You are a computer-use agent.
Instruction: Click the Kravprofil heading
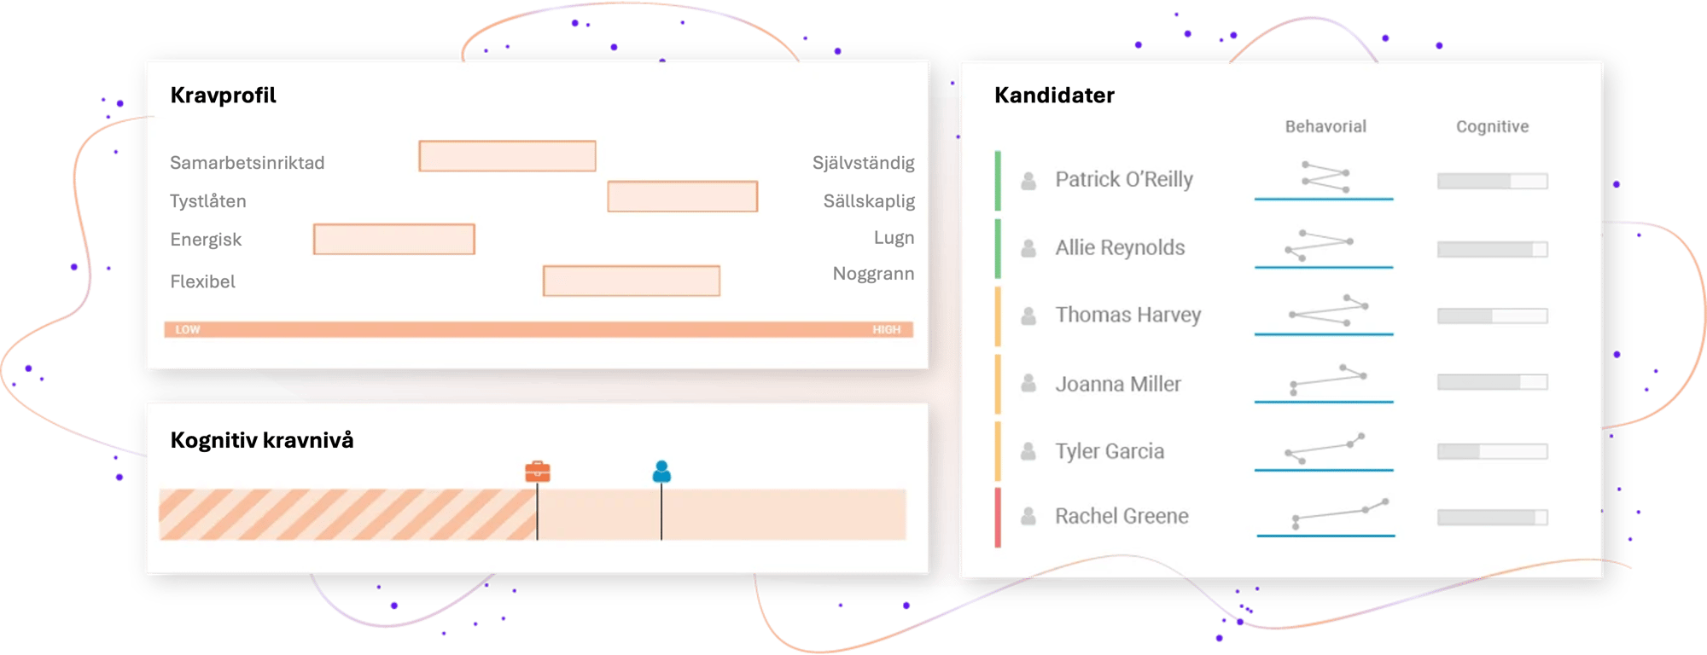pos(223,95)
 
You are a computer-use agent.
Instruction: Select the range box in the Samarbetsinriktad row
pos(507,156)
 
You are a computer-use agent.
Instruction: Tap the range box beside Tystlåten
pos(683,196)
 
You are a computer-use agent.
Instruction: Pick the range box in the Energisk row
pos(394,240)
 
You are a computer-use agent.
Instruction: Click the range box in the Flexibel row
pos(632,281)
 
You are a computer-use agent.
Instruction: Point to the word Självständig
pos(863,163)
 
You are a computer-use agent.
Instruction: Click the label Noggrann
pos(873,274)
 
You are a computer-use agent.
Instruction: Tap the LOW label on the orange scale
pos(188,329)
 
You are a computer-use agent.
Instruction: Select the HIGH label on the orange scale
pos(886,329)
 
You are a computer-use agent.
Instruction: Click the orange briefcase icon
pos(538,471)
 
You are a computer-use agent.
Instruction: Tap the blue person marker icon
pos(661,471)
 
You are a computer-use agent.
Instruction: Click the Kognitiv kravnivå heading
pos(262,440)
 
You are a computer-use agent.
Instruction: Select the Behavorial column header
pos(1325,126)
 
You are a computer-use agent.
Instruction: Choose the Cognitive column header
pos(1492,126)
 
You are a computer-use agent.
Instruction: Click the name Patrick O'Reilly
pos(1124,179)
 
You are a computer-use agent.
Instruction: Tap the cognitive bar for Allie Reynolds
pos(1492,249)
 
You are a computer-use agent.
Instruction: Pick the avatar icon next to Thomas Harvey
pos(1028,316)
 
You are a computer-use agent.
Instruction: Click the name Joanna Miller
pos(1118,384)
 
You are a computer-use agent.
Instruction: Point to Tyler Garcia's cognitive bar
pos(1492,451)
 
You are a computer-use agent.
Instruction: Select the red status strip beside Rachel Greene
pos(998,517)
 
